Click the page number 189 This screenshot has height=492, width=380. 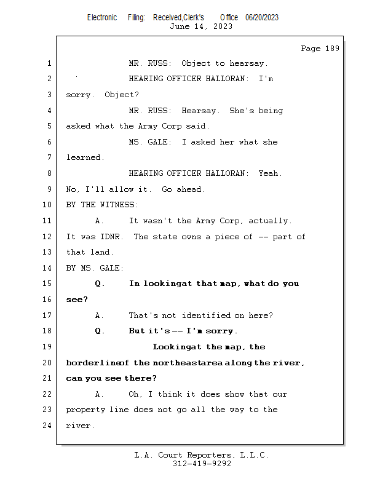click(x=332, y=49)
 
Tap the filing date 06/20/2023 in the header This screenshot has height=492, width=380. click(x=262, y=17)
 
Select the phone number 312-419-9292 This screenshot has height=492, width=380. click(x=202, y=464)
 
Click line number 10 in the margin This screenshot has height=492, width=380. click(x=47, y=205)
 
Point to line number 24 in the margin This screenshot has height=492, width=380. click(x=47, y=425)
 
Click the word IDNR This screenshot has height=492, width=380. click(x=111, y=236)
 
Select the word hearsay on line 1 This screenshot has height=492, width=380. click(x=248, y=63)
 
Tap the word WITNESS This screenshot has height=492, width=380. click(x=118, y=205)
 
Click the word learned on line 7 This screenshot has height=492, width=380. click(x=84, y=157)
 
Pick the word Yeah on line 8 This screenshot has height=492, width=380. click(x=269, y=173)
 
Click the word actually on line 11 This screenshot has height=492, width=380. click(x=269, y=221)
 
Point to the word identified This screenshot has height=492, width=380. click(x=206, y=315)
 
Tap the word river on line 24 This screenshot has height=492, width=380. click(x=79, y=426)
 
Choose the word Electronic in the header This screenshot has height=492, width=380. click(x=102, y=17)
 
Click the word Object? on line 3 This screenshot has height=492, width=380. click(x=122, y=95)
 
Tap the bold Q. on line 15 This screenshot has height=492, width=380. click(x=100, y=284)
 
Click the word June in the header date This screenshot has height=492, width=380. click(x=180, y=26)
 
